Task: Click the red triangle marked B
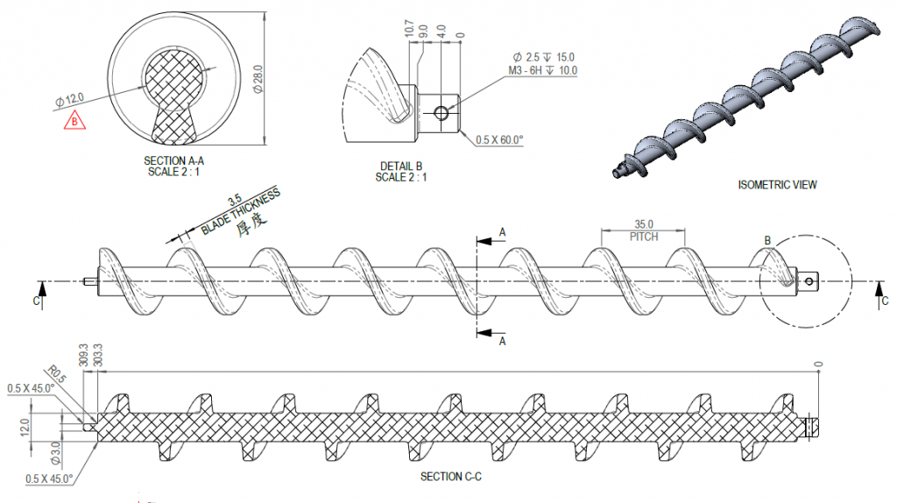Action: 74,121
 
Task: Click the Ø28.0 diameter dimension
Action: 258,80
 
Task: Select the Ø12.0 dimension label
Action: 69,100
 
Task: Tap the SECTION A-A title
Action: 173,160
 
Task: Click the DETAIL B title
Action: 401,166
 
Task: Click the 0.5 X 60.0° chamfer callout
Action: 499,139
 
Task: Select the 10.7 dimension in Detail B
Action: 409,28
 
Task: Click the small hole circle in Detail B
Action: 441,113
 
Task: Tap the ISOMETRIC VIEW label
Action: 778,185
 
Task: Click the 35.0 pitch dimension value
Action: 644,224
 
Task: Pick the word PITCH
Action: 644,237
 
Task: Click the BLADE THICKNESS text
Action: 241,211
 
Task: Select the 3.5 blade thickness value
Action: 235,201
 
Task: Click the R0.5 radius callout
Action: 56,374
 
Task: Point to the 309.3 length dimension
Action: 83,355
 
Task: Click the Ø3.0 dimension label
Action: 55,453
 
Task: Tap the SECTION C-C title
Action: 451,477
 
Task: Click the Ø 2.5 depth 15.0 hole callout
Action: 543,57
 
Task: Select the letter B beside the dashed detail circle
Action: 767,241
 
